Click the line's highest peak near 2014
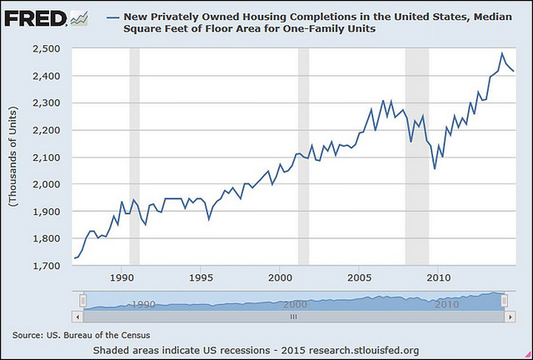pyautogui.click(x=501, y=54)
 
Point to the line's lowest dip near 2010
pyautogui.click(x=435, y=168)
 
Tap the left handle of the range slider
pyautogui.click(x=82, y=301)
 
